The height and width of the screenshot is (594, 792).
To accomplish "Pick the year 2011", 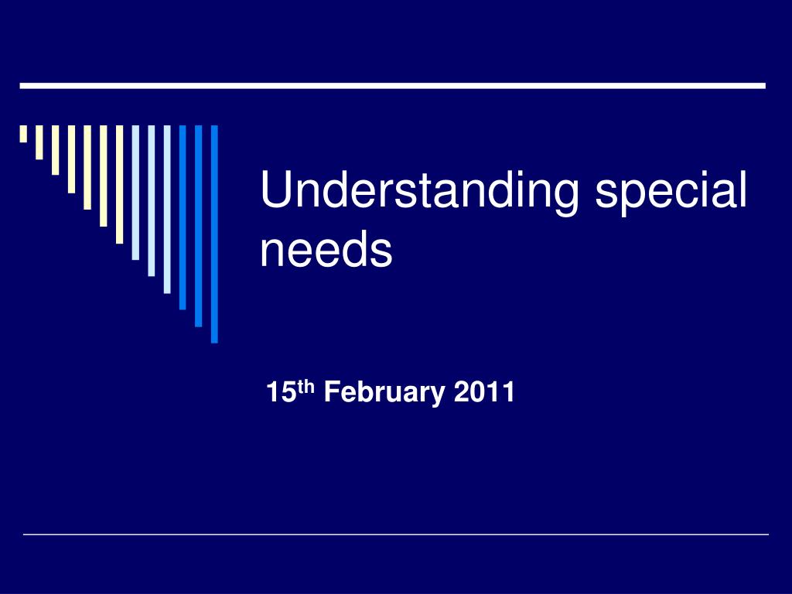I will [x=484, y=393].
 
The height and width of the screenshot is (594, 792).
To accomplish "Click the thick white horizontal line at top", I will [x=392, y=85].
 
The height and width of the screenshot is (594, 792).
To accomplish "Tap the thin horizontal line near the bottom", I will [x=396, y=534].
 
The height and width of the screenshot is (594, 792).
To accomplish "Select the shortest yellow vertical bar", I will [x=23, y=134].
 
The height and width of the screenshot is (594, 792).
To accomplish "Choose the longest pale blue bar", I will [x=167, y=209].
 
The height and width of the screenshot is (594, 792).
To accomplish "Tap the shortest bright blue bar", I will [x=183, y=217].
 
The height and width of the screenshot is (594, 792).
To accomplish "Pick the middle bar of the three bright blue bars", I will [x=199, y=225].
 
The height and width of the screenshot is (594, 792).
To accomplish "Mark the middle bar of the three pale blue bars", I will [x=151, y=200].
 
